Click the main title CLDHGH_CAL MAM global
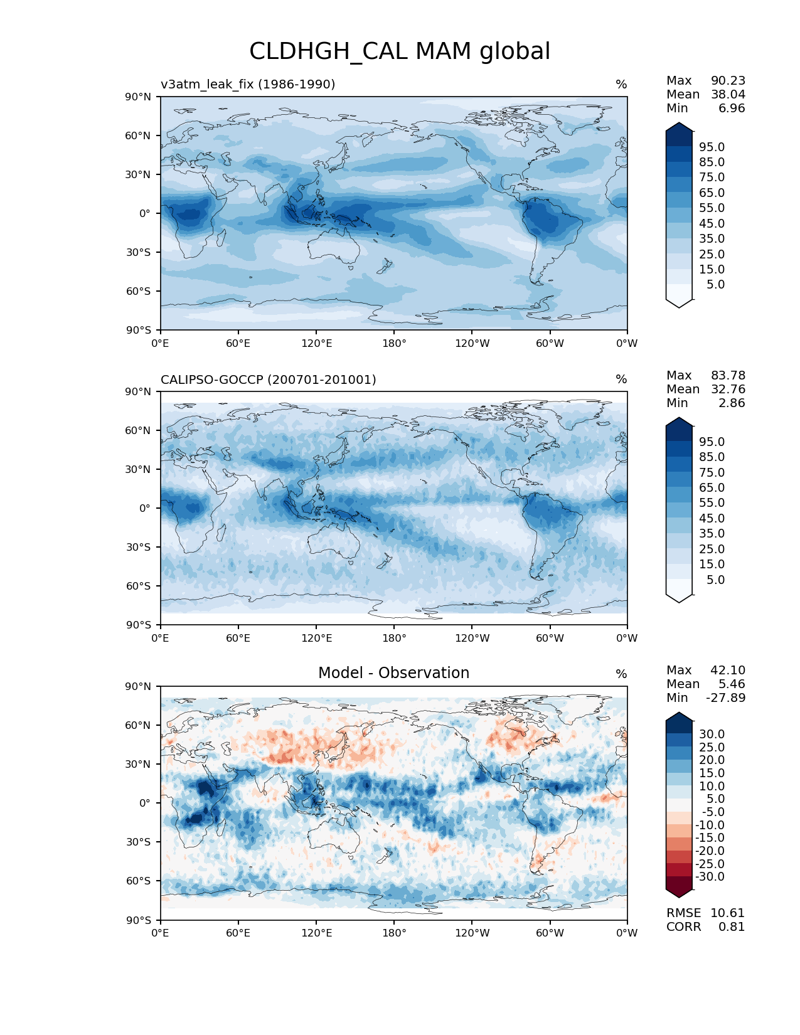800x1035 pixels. click(400, 51)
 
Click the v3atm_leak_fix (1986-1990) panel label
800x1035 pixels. click(248, 84)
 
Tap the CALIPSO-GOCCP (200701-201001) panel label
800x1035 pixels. click(269, 379)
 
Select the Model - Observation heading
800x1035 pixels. click(393, 673)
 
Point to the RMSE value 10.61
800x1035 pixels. click(727, 913)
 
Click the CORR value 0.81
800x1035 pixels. click(732, 926)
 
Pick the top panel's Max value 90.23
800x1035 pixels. click(728, 80)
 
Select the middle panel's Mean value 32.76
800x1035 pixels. click(728, 389)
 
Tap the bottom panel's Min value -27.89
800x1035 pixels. click(725, 698)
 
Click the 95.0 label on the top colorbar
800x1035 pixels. click(712, 147)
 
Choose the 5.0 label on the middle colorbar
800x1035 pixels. click(715, 580)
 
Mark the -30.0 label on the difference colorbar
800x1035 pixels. click(710, 876)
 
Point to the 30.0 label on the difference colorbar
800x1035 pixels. click(712, 734)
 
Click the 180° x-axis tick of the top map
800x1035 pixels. click(394, 343)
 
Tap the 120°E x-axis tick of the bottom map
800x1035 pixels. click(316, 933)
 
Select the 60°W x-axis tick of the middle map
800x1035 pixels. click(550, 638)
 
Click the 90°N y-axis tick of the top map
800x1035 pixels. click(139, 97)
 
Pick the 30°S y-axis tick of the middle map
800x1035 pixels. click(139, 547)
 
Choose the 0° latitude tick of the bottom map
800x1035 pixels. click(145, 803)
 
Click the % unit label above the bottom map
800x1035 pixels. click(621, 674)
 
